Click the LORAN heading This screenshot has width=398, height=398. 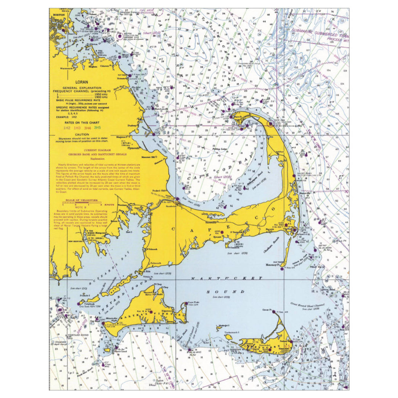(x=82, y=81)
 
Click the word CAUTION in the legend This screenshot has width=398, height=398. (x=82, y=134)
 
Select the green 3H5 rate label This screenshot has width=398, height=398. (x=98, y=127)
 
